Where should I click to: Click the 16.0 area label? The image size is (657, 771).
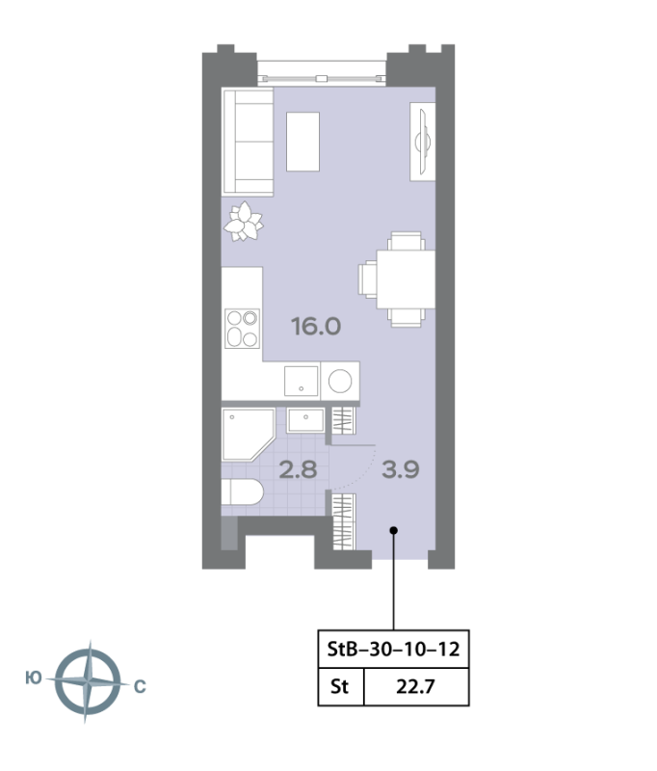[316, 327]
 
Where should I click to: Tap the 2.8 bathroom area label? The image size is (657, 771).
[298, 469]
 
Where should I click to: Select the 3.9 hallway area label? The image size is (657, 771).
[401, 469]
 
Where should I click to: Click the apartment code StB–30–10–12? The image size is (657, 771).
[393, 649]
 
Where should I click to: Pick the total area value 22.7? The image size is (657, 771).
[416, 686]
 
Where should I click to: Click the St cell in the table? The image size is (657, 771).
[339, 686]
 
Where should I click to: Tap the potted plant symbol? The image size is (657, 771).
[243, 223]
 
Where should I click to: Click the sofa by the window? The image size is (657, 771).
[248, 142]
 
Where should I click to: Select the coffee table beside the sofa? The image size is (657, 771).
[302, 142]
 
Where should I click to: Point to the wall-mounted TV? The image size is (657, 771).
[423, 142]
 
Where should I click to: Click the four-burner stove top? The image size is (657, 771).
[242, 329]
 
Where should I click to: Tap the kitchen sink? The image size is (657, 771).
[302, 381]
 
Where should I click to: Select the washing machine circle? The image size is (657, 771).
[340, 381]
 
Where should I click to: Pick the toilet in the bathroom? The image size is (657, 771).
[242, 492]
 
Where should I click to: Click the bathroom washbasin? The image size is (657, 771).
[305, 420]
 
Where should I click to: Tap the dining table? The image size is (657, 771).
[406, 279]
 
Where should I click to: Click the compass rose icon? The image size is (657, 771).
[88, 681]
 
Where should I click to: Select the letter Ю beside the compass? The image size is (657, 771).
[34, 678]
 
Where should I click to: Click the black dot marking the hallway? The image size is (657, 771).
[394, 530]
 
